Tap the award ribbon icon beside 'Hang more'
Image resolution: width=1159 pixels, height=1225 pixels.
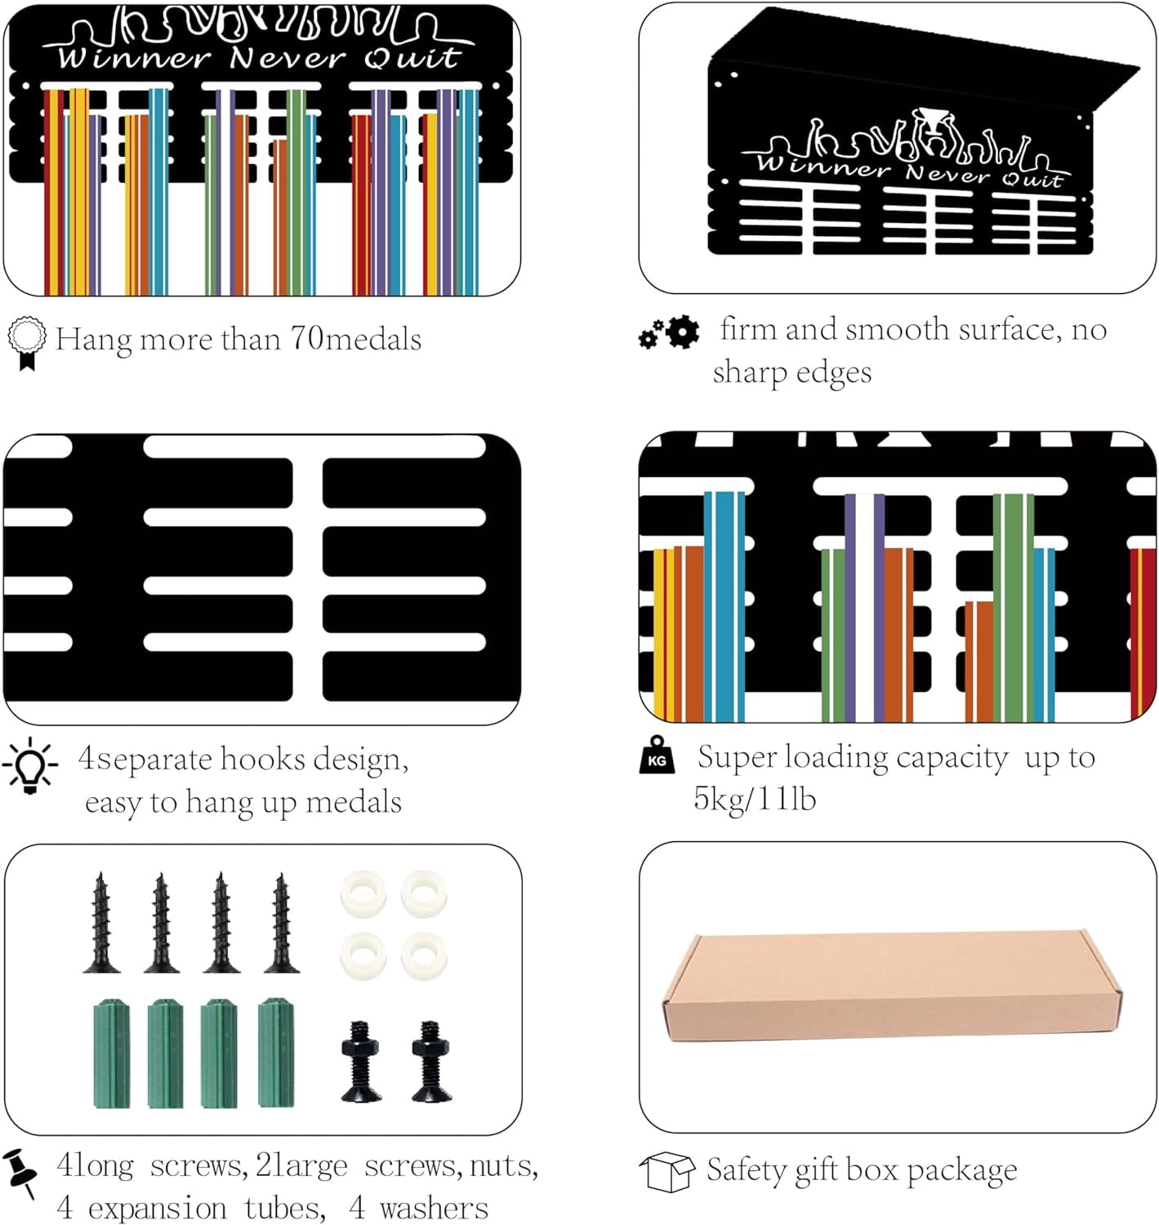[27, 343]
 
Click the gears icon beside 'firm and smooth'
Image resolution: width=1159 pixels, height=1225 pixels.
[669, 332]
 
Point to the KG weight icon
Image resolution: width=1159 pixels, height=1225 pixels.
[657, 755]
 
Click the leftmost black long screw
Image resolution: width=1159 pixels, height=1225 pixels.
[101, 923]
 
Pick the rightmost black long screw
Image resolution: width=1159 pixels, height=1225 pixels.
[281, 923]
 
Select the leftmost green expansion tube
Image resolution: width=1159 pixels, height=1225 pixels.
[112, 1053]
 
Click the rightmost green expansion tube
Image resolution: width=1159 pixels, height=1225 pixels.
[276, 1053]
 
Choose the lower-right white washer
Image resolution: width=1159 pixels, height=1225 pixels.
[424, 956]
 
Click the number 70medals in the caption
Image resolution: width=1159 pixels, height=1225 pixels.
[356, 339]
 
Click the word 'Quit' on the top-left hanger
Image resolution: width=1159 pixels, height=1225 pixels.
[412, 58]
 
